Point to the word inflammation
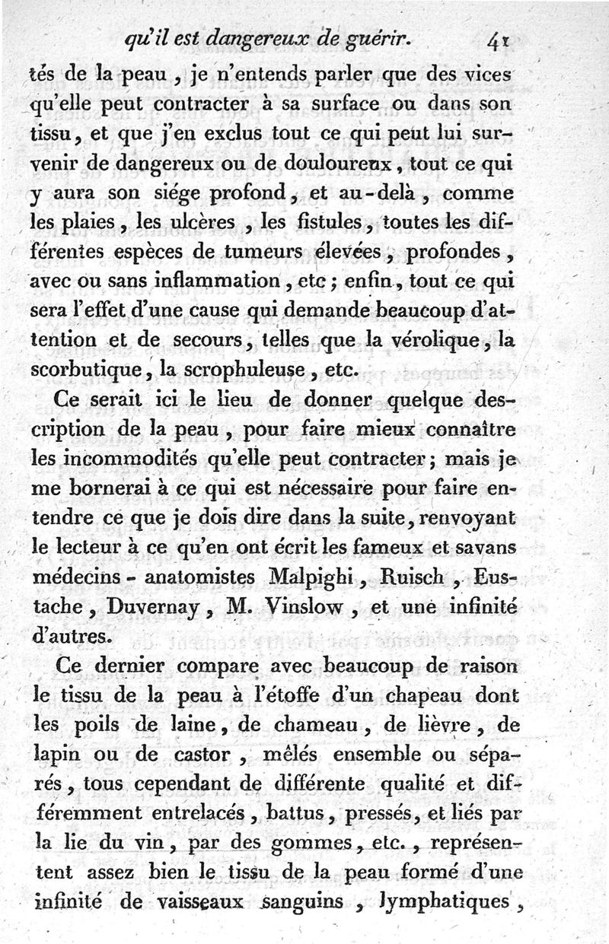click(x=217, y=283)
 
